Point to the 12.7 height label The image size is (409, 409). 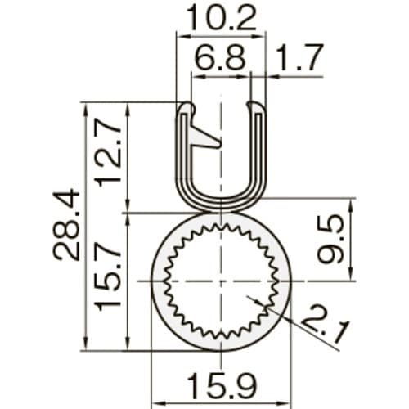[x=109, y=154]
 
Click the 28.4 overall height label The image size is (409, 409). [x=67, y=225]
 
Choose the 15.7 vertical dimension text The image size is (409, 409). [x=109, y=281]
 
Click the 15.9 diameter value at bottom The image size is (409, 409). [x=221, y=382]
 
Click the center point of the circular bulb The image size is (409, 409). [x=221, y=281]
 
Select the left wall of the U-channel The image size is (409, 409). [x=183, y=155]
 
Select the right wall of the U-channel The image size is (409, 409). [x=259, y=155]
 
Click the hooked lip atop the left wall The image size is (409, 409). [x=187, y=109]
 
